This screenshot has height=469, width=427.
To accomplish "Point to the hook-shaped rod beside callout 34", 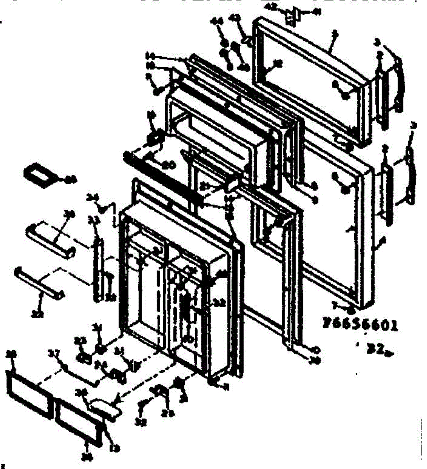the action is click(114, 215).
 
